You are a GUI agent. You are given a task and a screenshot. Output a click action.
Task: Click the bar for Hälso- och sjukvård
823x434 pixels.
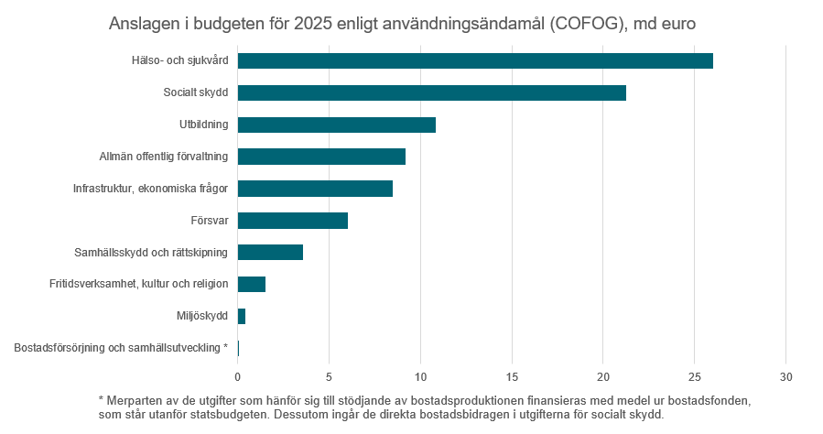pos(475,61)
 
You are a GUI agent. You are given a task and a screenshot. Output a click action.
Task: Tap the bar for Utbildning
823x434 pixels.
pos(337,125)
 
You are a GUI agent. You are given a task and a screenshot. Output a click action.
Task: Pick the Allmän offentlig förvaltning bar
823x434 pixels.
pos(321,157)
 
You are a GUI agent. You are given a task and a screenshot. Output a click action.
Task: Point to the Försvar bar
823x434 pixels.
pos(293,221)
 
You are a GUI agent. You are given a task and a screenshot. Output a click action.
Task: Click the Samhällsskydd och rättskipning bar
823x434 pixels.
pos(270,253)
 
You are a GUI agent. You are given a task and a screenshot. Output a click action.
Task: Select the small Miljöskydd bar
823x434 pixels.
pos(242,316)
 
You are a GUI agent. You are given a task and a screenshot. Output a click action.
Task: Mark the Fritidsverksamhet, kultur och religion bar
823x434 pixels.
pos(252,284)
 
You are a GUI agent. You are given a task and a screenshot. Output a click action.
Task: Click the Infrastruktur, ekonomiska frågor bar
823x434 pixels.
pos(315,189)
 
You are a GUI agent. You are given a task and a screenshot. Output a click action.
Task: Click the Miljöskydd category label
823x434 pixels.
pos(202,316)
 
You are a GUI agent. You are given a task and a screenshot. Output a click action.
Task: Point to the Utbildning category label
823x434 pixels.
pos(204,125)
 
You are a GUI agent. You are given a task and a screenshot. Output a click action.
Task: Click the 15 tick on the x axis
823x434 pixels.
pos(512,376)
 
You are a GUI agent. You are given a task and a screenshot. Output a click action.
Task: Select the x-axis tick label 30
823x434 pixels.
pos(785,376)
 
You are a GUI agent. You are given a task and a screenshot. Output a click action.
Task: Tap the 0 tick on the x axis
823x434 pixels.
pos(238,376)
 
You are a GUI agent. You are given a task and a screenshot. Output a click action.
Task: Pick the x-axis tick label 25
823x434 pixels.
pos(694,376)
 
